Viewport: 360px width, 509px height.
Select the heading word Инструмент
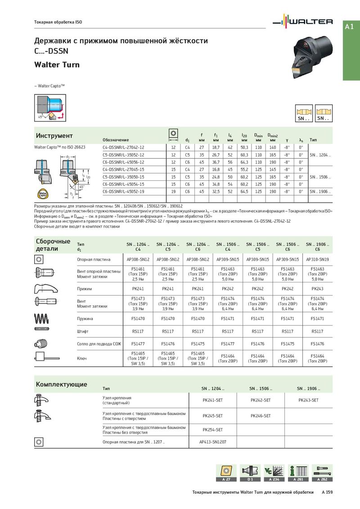(54, 136)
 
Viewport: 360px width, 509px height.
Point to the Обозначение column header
(116, 140)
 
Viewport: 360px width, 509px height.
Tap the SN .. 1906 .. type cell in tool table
(320, 192)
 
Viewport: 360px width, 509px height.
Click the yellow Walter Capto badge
(42, 195)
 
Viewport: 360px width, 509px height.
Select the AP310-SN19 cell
(317, 259)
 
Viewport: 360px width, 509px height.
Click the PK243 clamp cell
(317, 289)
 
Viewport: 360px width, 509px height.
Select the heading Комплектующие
(61, 384)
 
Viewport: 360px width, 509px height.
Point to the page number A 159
(327, 492)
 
